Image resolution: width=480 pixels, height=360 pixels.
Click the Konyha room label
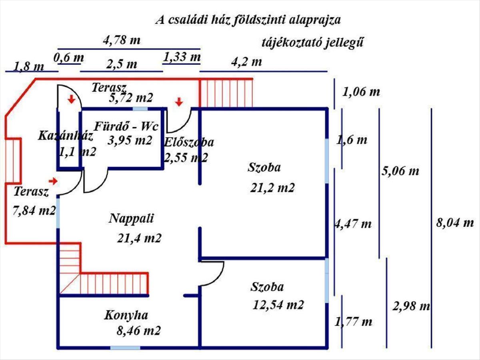point(126,315)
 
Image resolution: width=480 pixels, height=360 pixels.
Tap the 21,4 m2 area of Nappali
point(139,238)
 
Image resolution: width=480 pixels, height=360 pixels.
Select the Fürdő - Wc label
point(126,127)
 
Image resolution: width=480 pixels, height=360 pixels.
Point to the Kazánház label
point(66,136)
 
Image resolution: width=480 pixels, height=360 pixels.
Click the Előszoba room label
point(189,142)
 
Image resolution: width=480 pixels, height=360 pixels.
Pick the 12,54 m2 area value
point(278,305)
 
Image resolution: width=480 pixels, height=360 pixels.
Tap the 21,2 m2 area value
point(273,188)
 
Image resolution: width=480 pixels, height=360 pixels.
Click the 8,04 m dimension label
point(454,223)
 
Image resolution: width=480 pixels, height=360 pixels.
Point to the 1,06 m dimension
point(361,92)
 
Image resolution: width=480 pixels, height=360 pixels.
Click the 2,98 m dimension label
point(411,307)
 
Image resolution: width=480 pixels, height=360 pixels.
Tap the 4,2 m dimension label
point(246,62)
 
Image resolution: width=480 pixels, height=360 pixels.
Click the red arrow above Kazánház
point(71,99)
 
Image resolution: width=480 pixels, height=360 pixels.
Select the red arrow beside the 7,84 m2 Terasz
point(53,181)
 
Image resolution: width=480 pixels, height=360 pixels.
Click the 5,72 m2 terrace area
point(131,98)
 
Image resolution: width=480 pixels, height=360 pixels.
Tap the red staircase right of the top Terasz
point(226,93)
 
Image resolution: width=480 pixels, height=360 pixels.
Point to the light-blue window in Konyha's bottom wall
point(122,347)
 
